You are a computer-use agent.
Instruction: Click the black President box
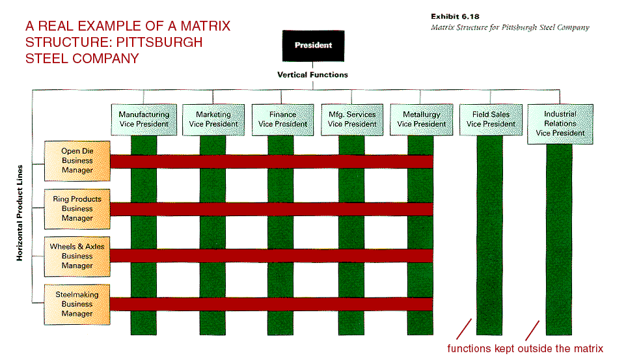tap(313, 46)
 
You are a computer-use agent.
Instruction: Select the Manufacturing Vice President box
tap(144, 119)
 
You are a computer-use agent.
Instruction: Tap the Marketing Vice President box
tap(213, 119)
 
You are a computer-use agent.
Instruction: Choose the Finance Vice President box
tap(282, 119)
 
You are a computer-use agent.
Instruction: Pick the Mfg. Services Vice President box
tap(352, 119)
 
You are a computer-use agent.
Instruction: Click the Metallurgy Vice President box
tap(422, 119)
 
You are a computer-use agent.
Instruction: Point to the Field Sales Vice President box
tap(491, 119)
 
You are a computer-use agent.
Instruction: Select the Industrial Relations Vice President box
tap(560, 123)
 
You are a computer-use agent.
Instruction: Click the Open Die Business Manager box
tap(77, 161)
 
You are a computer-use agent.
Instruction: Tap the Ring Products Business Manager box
tap(77, 208)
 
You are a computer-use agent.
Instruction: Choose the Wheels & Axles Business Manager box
tap(77, 256)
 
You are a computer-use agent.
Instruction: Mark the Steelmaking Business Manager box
tap(77, 304)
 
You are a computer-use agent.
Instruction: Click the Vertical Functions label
tap(312, 75)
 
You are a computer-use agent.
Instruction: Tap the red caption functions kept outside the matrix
tap(525, 349)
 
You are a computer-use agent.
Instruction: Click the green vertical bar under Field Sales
tap(490, 234)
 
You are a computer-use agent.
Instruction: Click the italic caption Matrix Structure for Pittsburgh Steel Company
tap(510, 27)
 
